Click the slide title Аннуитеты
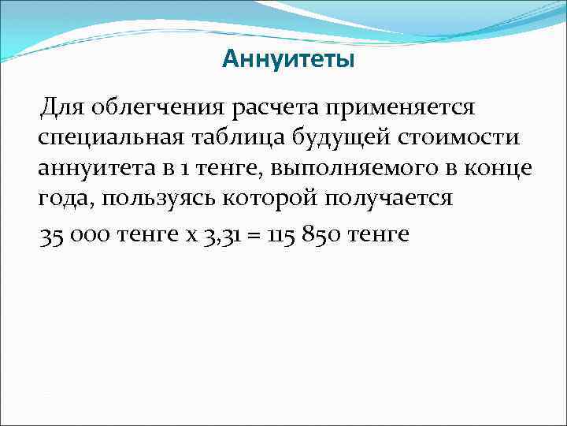288,59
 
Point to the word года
65,199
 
